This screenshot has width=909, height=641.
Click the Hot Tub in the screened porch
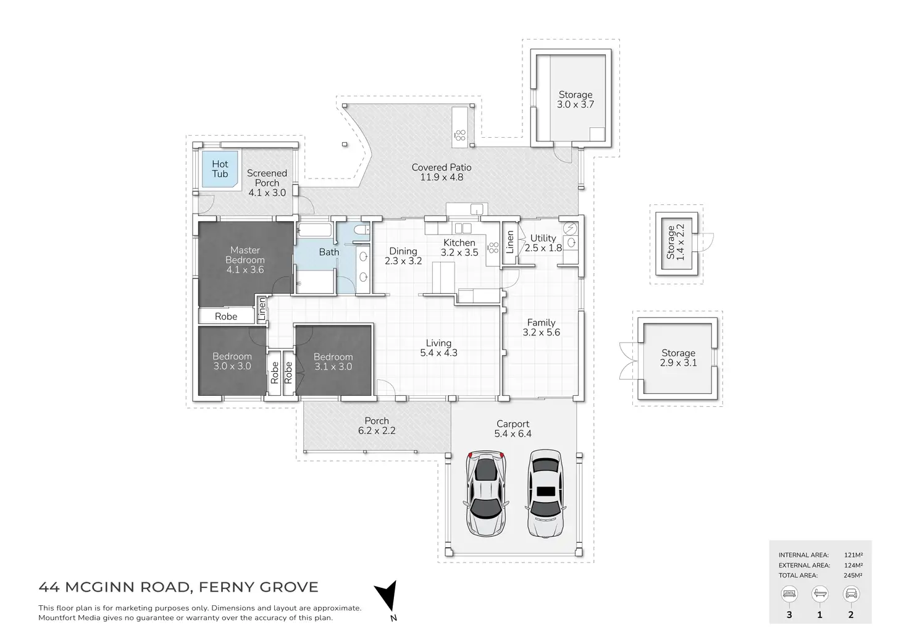pos(220,169)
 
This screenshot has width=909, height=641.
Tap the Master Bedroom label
pos(245,259)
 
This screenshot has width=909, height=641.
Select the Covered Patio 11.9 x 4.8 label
pos(442,172)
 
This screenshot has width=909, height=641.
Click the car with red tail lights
pos(487,493)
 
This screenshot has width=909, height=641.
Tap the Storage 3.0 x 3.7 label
pos(576,99)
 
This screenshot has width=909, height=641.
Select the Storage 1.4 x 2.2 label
pos(676,241)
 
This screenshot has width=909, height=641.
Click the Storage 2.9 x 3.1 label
pos(678,358)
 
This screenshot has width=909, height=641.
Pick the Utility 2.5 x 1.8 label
pos(543,243)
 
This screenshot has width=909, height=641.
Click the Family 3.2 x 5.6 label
pos(541,327)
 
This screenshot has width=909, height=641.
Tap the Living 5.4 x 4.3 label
pos(438,348)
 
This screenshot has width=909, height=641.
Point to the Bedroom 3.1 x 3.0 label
pos(333,361)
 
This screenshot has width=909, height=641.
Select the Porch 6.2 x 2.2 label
pos(377,425)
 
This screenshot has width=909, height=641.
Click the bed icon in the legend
pos(789,595)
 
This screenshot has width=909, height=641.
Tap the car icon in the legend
pos(851,595)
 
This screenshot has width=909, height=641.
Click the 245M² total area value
pos(853,576)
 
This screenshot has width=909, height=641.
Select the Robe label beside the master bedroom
pos(226,316)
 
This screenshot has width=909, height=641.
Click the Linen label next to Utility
pos(510,243)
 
